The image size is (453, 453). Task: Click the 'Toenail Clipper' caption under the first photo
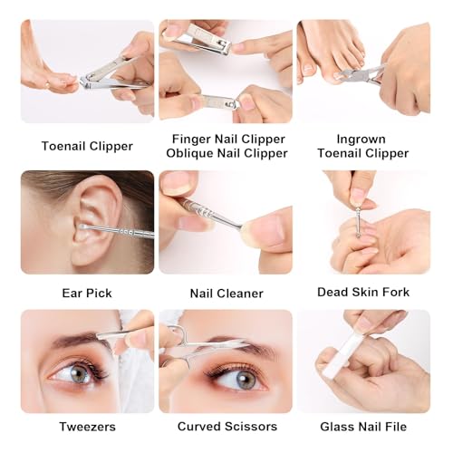[x=87, y=146]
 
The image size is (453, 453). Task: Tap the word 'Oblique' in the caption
[x=189, y=153]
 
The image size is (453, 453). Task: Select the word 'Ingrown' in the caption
[x=361, y=140]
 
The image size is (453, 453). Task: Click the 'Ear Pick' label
[x=87, y=293]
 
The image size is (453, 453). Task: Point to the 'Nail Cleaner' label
[x=226, y=294]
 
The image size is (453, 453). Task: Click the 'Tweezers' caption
[x=87, y=427]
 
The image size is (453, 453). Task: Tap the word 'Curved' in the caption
[x=199, y=427]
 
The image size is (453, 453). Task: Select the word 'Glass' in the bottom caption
[x=336, y=427]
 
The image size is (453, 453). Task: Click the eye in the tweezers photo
[x=77, y=372]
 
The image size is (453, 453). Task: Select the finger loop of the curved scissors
[x=179, y=334]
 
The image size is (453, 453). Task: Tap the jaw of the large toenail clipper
[x=85, y=82]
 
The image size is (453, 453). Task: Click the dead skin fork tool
[x=359, y=220]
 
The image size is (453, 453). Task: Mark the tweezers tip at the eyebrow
[x=98, y=336]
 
